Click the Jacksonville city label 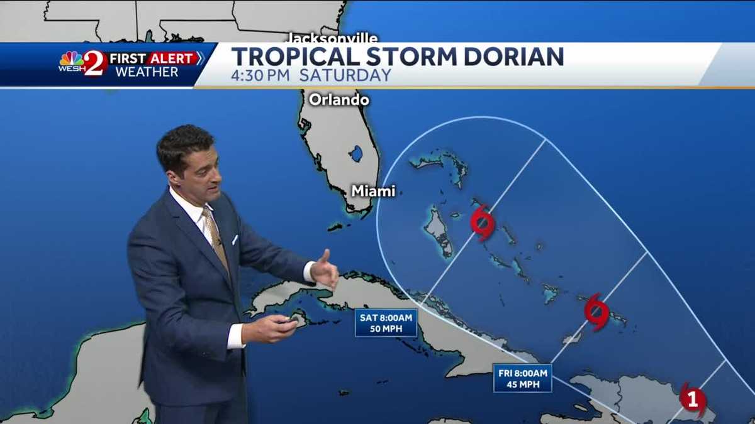click(333, 38)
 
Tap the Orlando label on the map click(338, 99)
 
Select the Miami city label click(373, 191)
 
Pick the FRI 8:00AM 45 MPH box click(522, 378)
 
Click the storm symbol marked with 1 click(692, 398)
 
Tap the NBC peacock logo click(71, 58)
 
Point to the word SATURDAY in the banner click(345, 76)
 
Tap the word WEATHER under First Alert click(147, 72)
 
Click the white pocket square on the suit click(234, 239)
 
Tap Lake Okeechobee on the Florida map click(356, 153)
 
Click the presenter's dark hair click(184, 143)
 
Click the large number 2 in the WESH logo click(94, 63)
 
